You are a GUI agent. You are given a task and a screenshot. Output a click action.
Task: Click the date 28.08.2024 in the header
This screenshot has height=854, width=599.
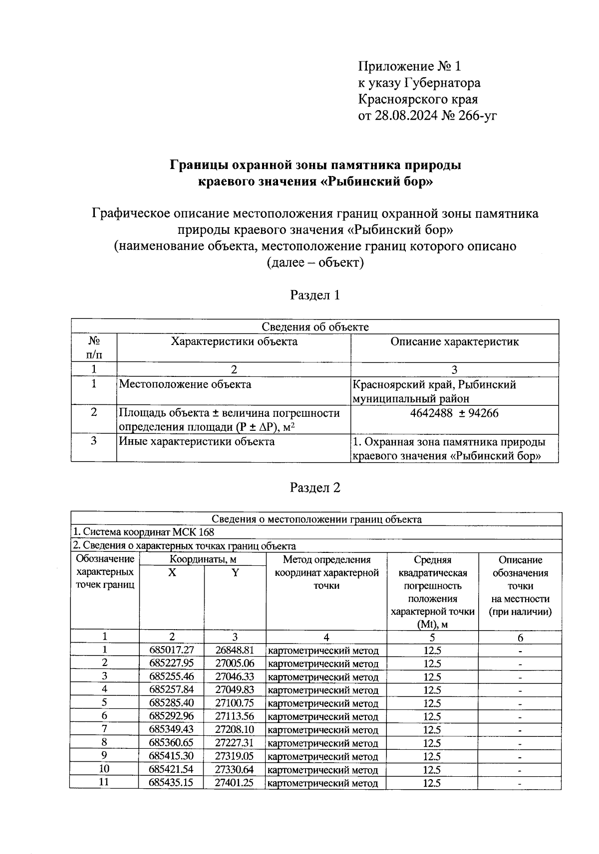[405, 116]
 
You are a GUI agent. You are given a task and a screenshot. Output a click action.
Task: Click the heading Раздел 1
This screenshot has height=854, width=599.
[315, 295]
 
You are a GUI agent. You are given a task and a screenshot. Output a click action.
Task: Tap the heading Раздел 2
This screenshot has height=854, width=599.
[315, 488]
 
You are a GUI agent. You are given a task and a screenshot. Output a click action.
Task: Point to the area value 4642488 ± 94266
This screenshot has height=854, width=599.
[454, 413]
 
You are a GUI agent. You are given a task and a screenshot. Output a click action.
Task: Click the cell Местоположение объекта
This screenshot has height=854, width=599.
[185, 384]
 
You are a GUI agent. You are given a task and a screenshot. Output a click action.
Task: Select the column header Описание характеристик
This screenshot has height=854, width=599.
[454, 342]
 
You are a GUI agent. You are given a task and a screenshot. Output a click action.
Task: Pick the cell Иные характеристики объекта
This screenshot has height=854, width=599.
[196, 442]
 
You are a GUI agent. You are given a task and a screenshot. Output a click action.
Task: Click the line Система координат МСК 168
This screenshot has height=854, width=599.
[144, 532]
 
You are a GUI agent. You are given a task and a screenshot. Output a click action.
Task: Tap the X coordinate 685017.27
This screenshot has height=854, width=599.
[171, 650]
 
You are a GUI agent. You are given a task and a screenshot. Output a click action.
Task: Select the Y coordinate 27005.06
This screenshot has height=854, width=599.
[235, 663]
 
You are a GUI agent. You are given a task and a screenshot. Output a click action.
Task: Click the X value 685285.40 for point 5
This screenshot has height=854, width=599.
[171, 703]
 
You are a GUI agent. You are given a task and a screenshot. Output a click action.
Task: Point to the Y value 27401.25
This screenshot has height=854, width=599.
[235, 783]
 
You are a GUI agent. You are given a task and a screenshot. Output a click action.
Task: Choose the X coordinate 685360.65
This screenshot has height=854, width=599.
[171, 743]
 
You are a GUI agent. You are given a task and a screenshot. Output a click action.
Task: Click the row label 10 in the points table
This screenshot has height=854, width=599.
[104, 769]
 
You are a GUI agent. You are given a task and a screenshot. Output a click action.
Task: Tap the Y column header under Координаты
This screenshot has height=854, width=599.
[235, 573]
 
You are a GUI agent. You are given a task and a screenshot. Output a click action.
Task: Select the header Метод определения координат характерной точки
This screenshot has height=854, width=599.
[326, 573]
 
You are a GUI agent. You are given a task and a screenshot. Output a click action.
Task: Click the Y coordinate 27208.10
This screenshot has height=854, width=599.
[235, 729]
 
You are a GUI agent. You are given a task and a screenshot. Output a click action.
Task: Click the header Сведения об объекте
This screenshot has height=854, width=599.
[315, 327]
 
